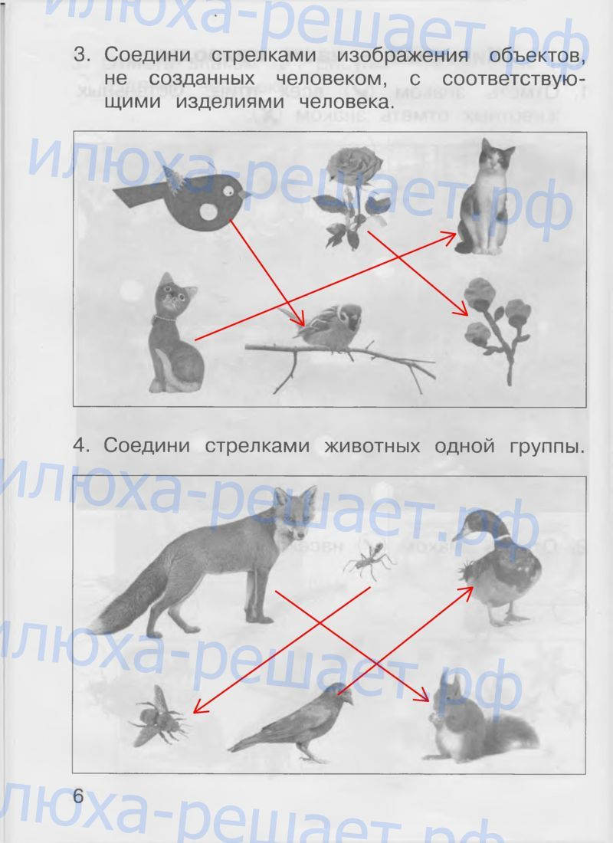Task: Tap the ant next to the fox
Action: (x=370, y=561)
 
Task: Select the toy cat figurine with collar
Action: (x=175, y=333)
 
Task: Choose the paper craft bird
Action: (x=183, y=200)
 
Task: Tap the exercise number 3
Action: (x=80, y=55)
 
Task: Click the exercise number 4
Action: (x=80, y=445)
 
